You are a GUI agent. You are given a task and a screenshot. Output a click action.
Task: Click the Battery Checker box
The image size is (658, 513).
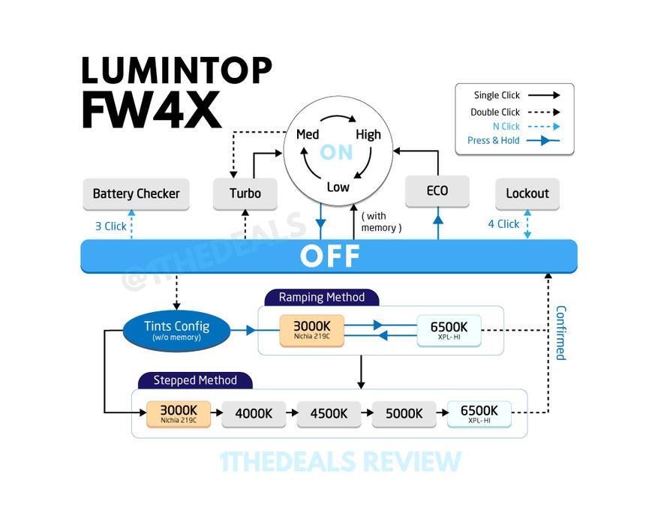[x=136, y=193]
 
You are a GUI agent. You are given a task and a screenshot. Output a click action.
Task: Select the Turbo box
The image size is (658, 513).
[x=245, y=193]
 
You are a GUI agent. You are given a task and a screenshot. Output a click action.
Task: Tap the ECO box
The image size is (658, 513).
[x=437, y=190]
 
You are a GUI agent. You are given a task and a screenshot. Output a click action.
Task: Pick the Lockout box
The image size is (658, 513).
[x=527, y=193]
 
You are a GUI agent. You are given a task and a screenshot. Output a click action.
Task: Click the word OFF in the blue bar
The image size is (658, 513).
[x=330, y=256]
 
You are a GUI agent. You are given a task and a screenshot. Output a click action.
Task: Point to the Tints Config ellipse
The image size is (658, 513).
[x=176, y=331]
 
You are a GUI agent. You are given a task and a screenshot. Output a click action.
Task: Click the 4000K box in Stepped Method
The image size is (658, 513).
[x=254, y=414]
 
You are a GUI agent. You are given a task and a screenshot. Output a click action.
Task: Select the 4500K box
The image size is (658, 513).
[x=329, y=414]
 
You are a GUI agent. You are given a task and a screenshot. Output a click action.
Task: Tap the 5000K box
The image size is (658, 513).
[x=404, y=414]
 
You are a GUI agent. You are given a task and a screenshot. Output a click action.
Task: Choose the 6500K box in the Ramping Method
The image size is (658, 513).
[x=449, y=331]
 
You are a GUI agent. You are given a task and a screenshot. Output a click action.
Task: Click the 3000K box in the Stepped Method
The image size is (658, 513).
[x=179, y=414]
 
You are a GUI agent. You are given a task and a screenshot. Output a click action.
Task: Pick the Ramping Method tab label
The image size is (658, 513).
[x=322, y=298]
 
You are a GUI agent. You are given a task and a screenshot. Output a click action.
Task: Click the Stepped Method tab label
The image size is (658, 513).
[x=195, y=380]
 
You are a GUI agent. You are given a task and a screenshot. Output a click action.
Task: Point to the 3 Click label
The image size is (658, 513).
[x=111, y=226]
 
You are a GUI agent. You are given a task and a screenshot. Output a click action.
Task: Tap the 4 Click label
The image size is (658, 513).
[x=503, y=224]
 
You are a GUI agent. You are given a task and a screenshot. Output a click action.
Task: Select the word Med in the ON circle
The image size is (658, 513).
[x=308, y=135]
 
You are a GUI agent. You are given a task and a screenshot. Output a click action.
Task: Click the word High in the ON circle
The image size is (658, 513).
[x=368, y=135]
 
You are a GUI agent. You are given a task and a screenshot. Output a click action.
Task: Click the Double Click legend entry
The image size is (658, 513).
[x=515, y=112]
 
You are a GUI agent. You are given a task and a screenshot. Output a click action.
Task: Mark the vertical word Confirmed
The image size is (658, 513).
[x=561, y=333]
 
